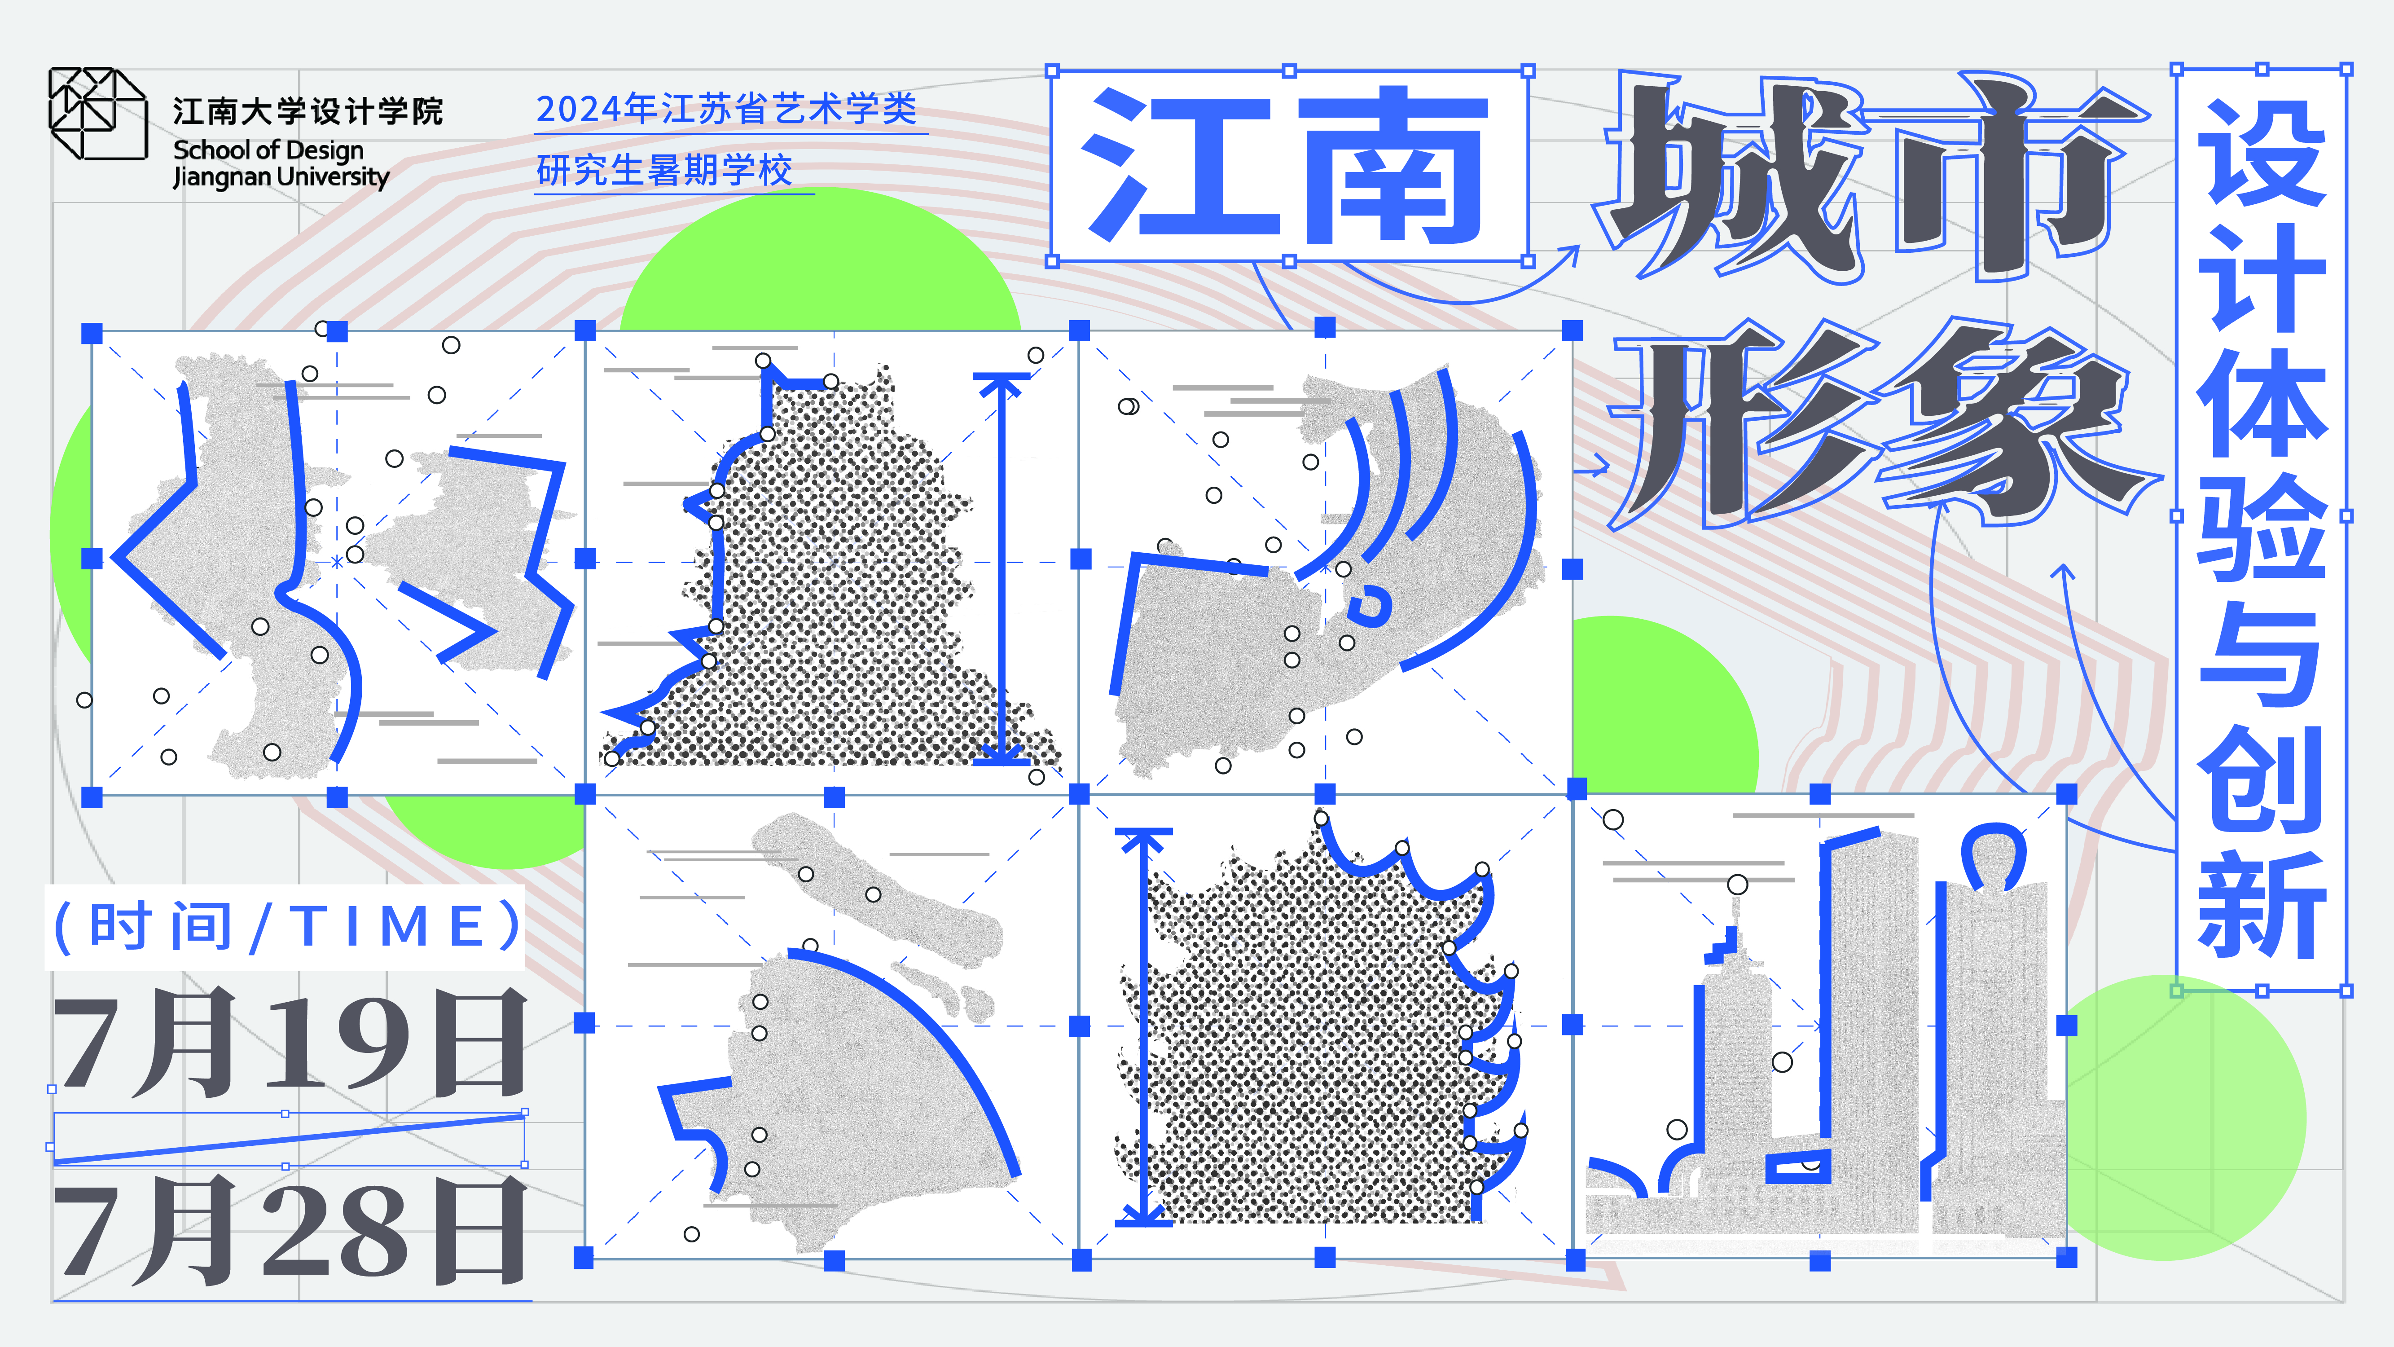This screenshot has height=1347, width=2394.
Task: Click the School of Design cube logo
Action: (97, 114)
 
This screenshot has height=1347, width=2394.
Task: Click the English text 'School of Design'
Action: (268, 150)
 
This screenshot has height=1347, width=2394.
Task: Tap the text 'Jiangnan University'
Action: (281, 176)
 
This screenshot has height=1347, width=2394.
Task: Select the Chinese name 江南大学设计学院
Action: (307, 111)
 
